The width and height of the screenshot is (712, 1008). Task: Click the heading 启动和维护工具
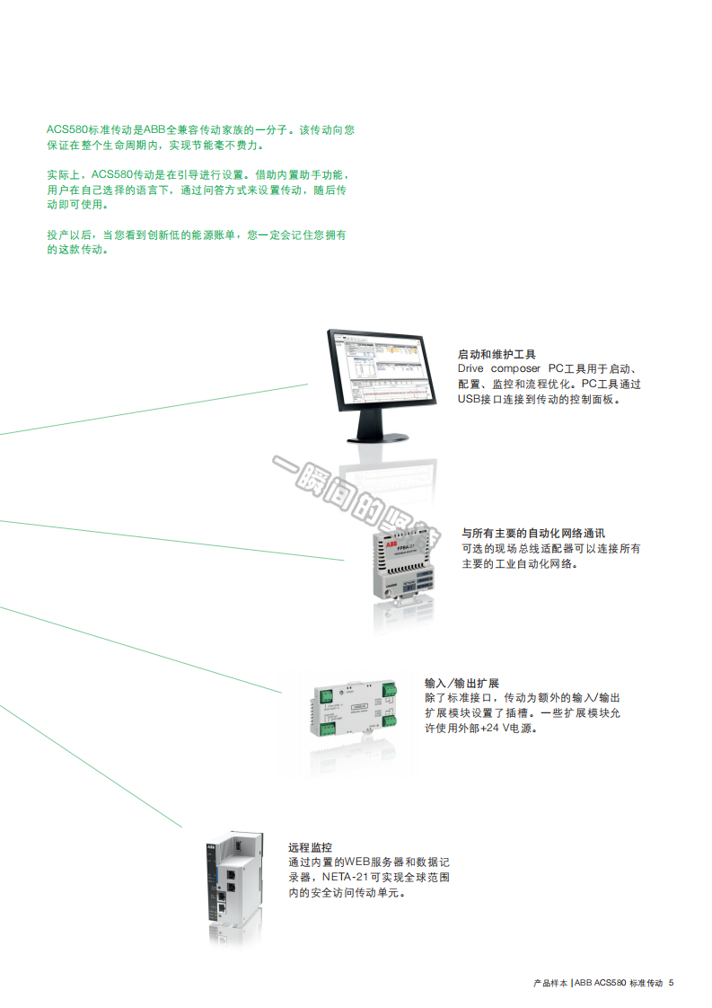(x=497, y=355)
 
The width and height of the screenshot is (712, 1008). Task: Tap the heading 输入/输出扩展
(x=461, y=683)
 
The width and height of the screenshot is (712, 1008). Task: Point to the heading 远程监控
(x=310, y=847)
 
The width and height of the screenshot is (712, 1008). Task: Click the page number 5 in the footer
(x=672, y=983)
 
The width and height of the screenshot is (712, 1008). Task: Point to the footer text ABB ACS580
(x=600, y=983)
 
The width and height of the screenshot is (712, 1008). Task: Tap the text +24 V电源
(x=507, y=729)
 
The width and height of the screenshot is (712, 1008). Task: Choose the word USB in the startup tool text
(x=470, y=400)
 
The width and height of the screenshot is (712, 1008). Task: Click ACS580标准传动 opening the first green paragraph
(x=89, y=130)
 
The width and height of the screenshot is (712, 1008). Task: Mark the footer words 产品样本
(x=549, y=983)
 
